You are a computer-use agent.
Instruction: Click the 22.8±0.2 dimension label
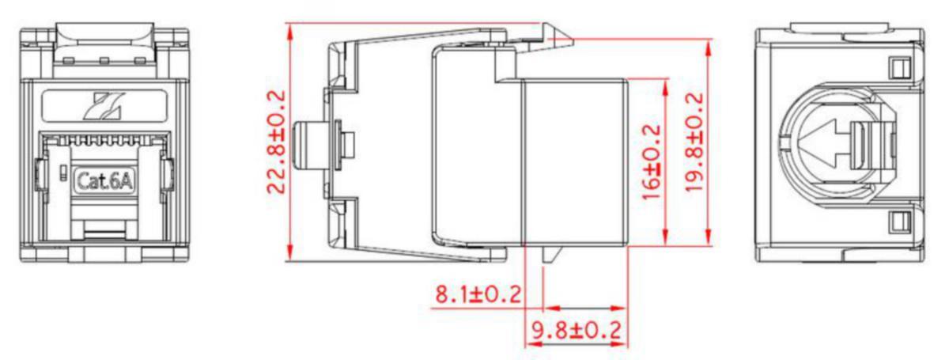click(x=277, y=142)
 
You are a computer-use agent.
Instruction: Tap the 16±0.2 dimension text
click(x=652, y=161)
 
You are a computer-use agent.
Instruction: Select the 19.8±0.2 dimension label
click(x=695, y=142)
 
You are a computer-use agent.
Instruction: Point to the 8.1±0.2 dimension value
click(x=478, y=294)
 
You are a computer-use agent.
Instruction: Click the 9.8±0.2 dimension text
click(x=577, y=330)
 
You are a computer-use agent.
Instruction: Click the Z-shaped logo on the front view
click(x=104, y=106)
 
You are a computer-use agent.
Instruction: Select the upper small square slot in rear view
click(x=899, y=68)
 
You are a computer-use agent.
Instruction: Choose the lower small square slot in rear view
click(x=899, y=222)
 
